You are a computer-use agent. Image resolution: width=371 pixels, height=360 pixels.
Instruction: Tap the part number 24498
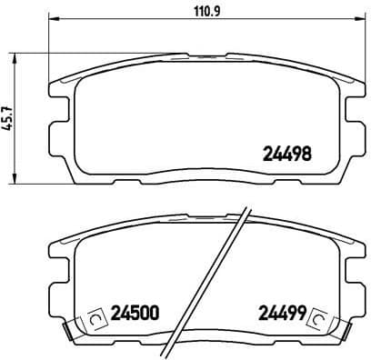(x=287, y=155)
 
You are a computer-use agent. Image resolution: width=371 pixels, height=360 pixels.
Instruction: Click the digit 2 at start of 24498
(x=267, y=155)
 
